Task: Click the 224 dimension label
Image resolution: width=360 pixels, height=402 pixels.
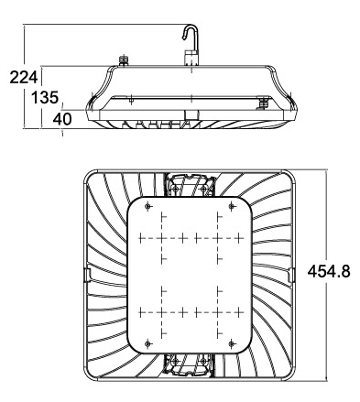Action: (24, 77)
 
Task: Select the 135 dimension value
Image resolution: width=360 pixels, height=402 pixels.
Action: (45, 98)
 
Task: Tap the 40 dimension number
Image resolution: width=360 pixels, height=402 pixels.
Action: (62, 119)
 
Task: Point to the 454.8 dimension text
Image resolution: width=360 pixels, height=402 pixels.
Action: (329, 271)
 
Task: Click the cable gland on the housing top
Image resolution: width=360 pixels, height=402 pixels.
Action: (124, 60)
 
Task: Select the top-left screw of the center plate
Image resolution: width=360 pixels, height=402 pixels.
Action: (148, 207)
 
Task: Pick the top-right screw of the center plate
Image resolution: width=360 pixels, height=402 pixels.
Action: (232, 207)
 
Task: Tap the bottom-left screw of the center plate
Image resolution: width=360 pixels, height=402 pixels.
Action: (148, 344)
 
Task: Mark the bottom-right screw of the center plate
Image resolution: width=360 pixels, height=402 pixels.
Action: (232, 344)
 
